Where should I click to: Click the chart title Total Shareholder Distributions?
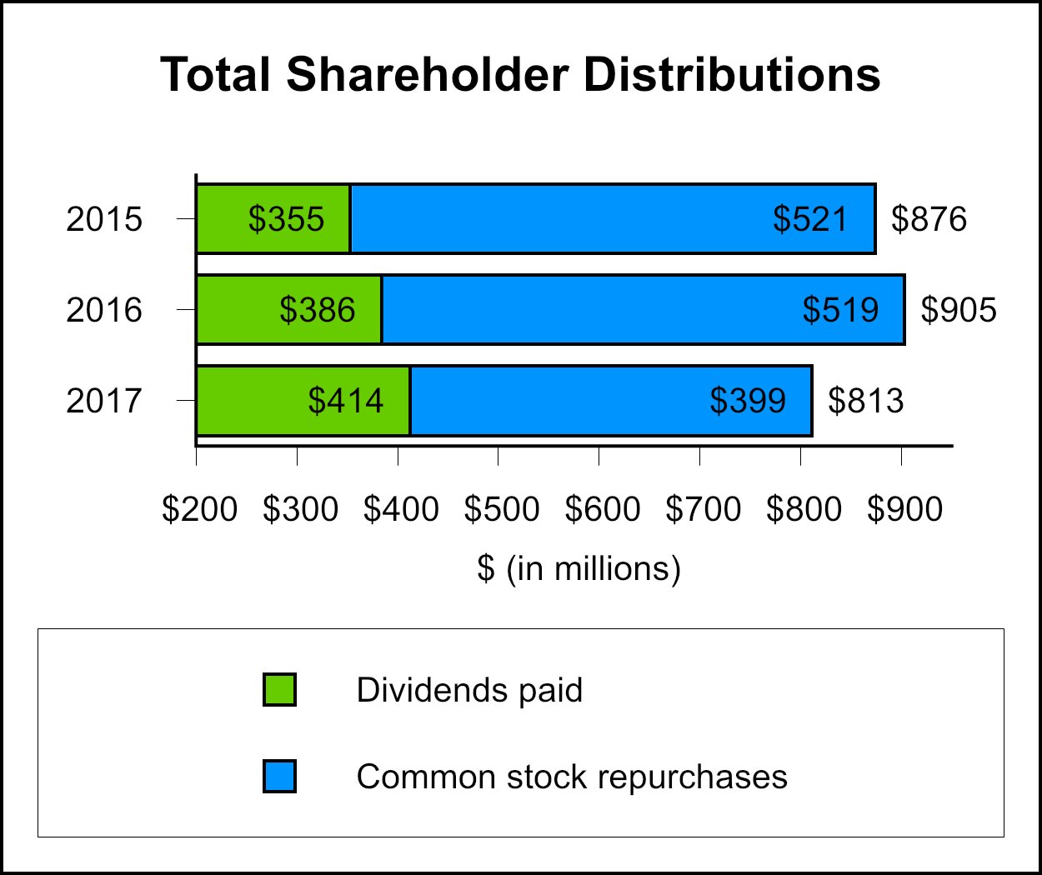(520, 75)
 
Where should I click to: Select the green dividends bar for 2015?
(225, 219)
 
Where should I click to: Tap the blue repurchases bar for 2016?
(584, 310)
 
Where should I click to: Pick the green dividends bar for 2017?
(250, 401)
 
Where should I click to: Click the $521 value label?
(809, 219)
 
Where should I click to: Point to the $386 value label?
(317, 310)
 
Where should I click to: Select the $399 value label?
(747, 401)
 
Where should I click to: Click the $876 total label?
(929, 219)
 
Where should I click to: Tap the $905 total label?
(958, 310)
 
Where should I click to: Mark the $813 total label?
(865, 401)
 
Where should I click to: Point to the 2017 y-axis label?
(104, 401)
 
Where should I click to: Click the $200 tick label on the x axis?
(199, 509)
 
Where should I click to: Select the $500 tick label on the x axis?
(501, 509)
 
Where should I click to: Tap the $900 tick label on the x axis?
(904, 509)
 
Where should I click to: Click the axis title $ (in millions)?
(579, 568)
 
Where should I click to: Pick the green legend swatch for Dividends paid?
(279, 690)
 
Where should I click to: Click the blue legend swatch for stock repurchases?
(279, 777)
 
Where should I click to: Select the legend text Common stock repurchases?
(572, 777)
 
